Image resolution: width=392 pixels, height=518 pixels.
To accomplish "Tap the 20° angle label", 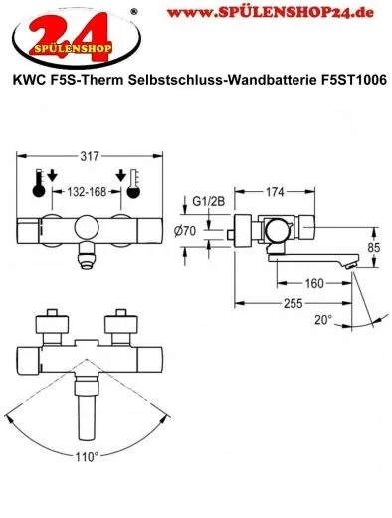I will click(320, 321).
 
